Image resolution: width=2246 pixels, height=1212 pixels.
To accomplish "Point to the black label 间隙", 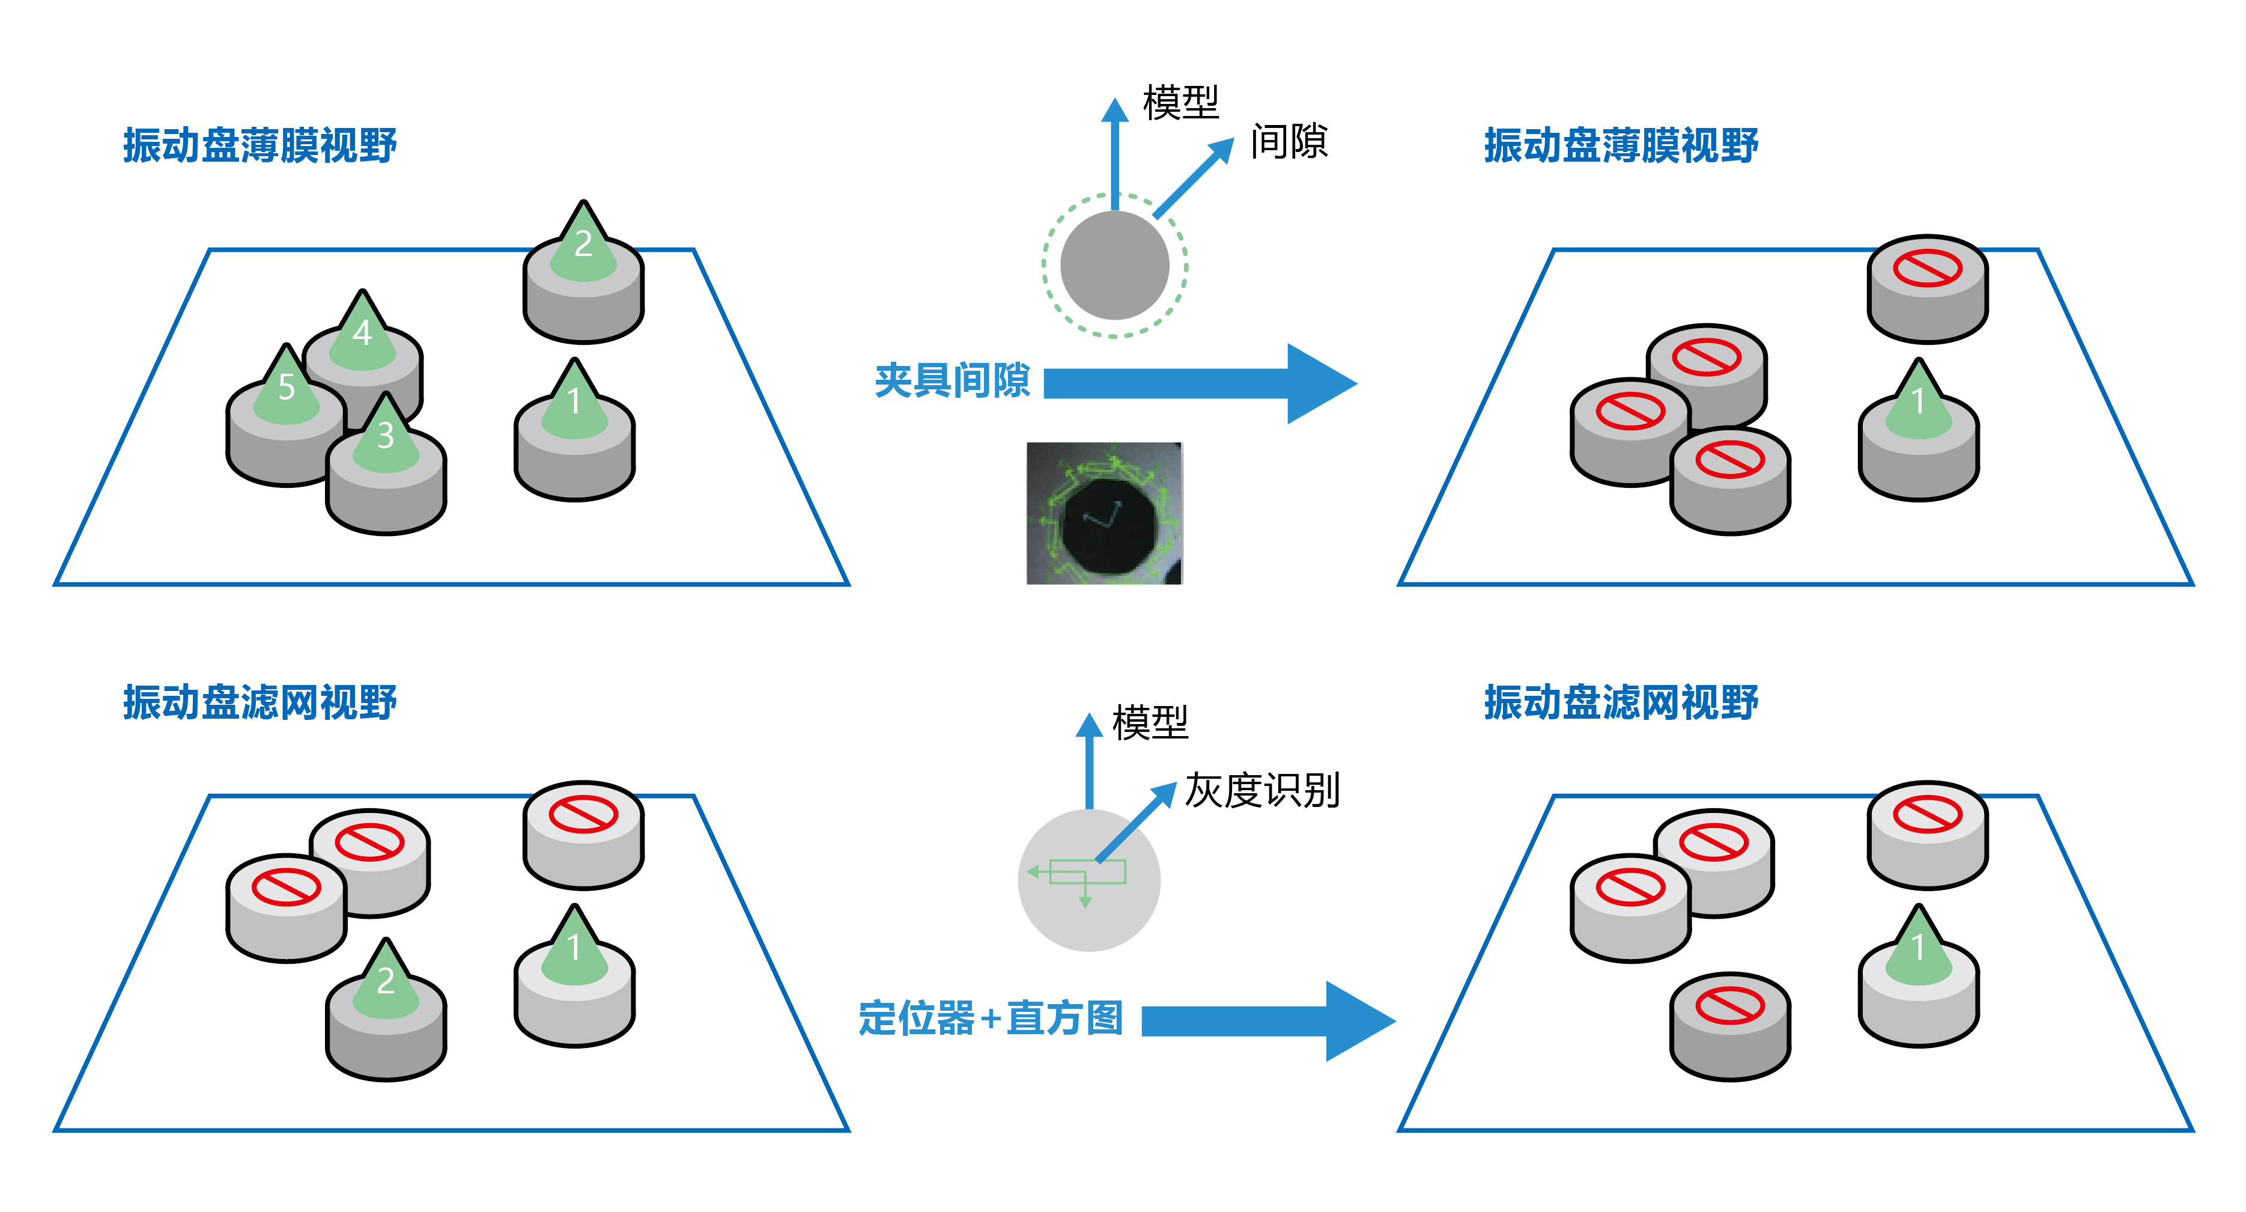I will [1288, 141].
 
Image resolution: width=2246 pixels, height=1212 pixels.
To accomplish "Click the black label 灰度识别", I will [1261, 791].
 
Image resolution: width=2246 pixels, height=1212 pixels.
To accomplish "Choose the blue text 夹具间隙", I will [952, 381].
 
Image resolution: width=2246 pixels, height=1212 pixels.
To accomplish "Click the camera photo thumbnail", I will [1104, 513].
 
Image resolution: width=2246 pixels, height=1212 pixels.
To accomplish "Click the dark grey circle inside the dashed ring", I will [1114, 265].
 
